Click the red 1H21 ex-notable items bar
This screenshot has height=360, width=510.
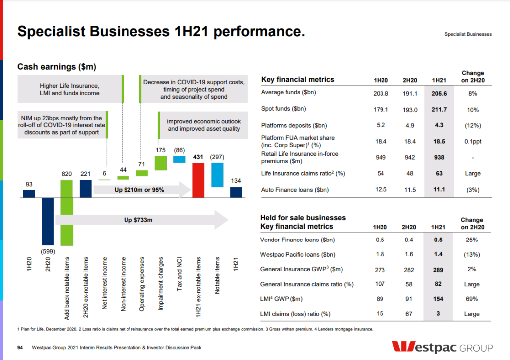pyautogui.click(x=198, y=180)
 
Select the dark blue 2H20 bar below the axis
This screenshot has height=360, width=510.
pyautogui.click(x=48, y=222)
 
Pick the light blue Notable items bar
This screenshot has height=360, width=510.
pyautogui.click(x=217, y=175)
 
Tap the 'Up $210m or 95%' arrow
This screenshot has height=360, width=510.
pyautogui.click(x=142, y=190)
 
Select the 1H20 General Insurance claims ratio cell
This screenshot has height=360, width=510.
pyautogui.click(x=381, y=284)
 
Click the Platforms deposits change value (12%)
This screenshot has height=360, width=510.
pyautogui.click(x=472, y=125)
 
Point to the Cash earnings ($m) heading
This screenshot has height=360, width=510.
pyautogui.click(x=57, y=66)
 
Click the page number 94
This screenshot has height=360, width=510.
pyautogui.click(x=20, y=347)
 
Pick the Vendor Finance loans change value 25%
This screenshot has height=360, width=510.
pyautogui.click(x=472, y=240)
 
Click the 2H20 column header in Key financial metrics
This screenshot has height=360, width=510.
pyautogui.click(x=409, y=80)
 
